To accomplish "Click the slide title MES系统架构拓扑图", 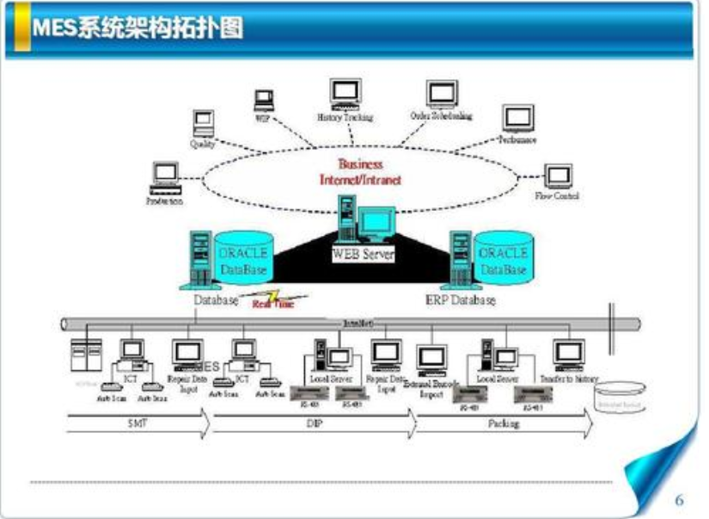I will coord(138,28).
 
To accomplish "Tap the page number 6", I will coord(679,500).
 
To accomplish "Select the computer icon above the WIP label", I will coord(263,99).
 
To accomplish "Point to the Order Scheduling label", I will coord(441,116).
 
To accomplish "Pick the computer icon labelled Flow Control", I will coord(559,176).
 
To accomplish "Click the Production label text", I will coord(164,201).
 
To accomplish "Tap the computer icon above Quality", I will coord(203,123).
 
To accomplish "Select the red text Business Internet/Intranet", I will coord(360,172).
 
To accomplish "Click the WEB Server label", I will coord(363,254).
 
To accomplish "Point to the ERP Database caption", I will coord(461,300).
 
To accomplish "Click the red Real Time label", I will coord(272,304).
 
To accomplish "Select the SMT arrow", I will coord(138,423).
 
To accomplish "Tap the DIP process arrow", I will coord(314,423).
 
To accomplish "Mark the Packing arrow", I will coord(504,423).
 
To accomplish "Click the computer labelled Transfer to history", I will coord(568,352).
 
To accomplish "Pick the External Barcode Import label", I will coord(431,388).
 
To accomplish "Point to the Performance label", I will coord(517,139).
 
